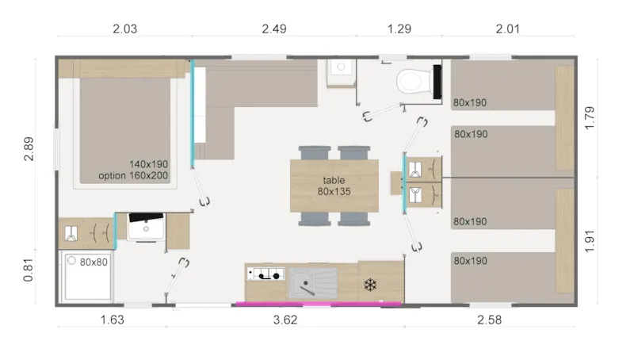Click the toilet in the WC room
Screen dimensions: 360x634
pyautogui.click(x=411, y=81)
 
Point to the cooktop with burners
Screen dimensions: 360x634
pyautogui.click(x=265, y=275)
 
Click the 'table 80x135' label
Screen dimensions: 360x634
pyautogui.click(x=334, y=186)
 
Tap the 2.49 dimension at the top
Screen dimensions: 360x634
pyautogui.click(x=273, y=30)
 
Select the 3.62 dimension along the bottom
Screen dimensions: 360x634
pyautogui.click(x=284, y=321)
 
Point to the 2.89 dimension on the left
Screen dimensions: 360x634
pyautogui.click(x=29, y=148)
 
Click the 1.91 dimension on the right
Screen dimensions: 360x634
pyautogui.click(x=589, y=242)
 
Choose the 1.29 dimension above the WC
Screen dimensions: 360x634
pyautogui.click(x=399, y=30)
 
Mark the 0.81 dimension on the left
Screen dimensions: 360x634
pyautogui.click(x=29, y=273)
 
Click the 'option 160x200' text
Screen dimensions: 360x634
pyautogui.click(x=133, y=175)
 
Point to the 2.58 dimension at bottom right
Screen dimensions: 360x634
pyautogui.click(x=491, y=321)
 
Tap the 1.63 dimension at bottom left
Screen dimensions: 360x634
pyautogui.click(x=111, y=321)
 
